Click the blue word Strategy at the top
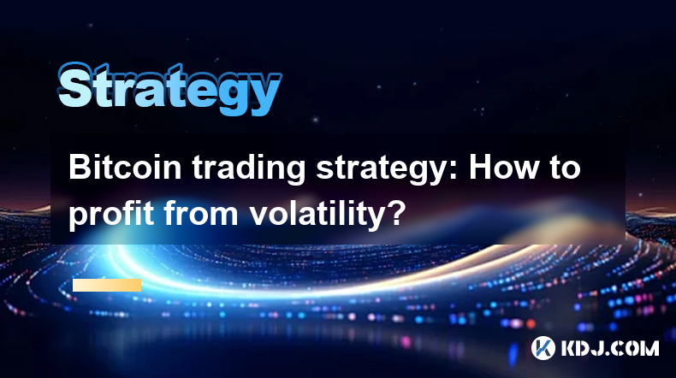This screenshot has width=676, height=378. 169,88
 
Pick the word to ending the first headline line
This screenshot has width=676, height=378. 565,168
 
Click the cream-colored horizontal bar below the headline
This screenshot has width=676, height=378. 107,286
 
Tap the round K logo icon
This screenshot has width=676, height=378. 543,348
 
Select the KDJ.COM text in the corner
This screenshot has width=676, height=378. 610,348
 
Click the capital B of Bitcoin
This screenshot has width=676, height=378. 80,168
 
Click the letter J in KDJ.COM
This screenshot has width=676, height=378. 598,348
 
